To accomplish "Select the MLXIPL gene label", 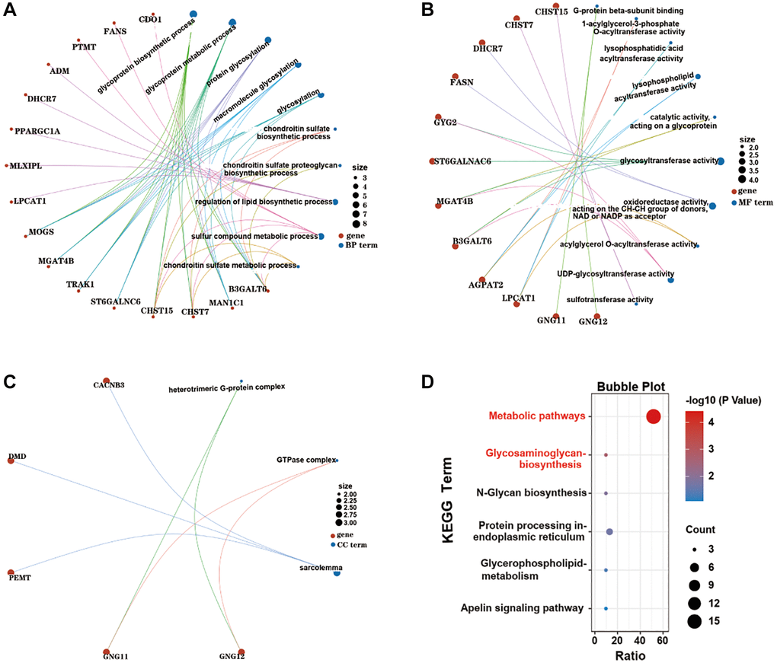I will pyautogui.click(x=30, y=165).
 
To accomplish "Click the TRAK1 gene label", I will pyautogui.click(x=81, y=285).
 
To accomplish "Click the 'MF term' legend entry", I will pyautogui.click(x=752, y=202).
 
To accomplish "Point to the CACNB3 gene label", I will pyautogui.click(x=108, y=385).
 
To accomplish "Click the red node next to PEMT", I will pyautogui.click(x=11, y=572).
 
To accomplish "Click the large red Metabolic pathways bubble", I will pyautogui.click(x=653, y=416).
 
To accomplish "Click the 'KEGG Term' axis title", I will pyautogui.click(x=450, y=508).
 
